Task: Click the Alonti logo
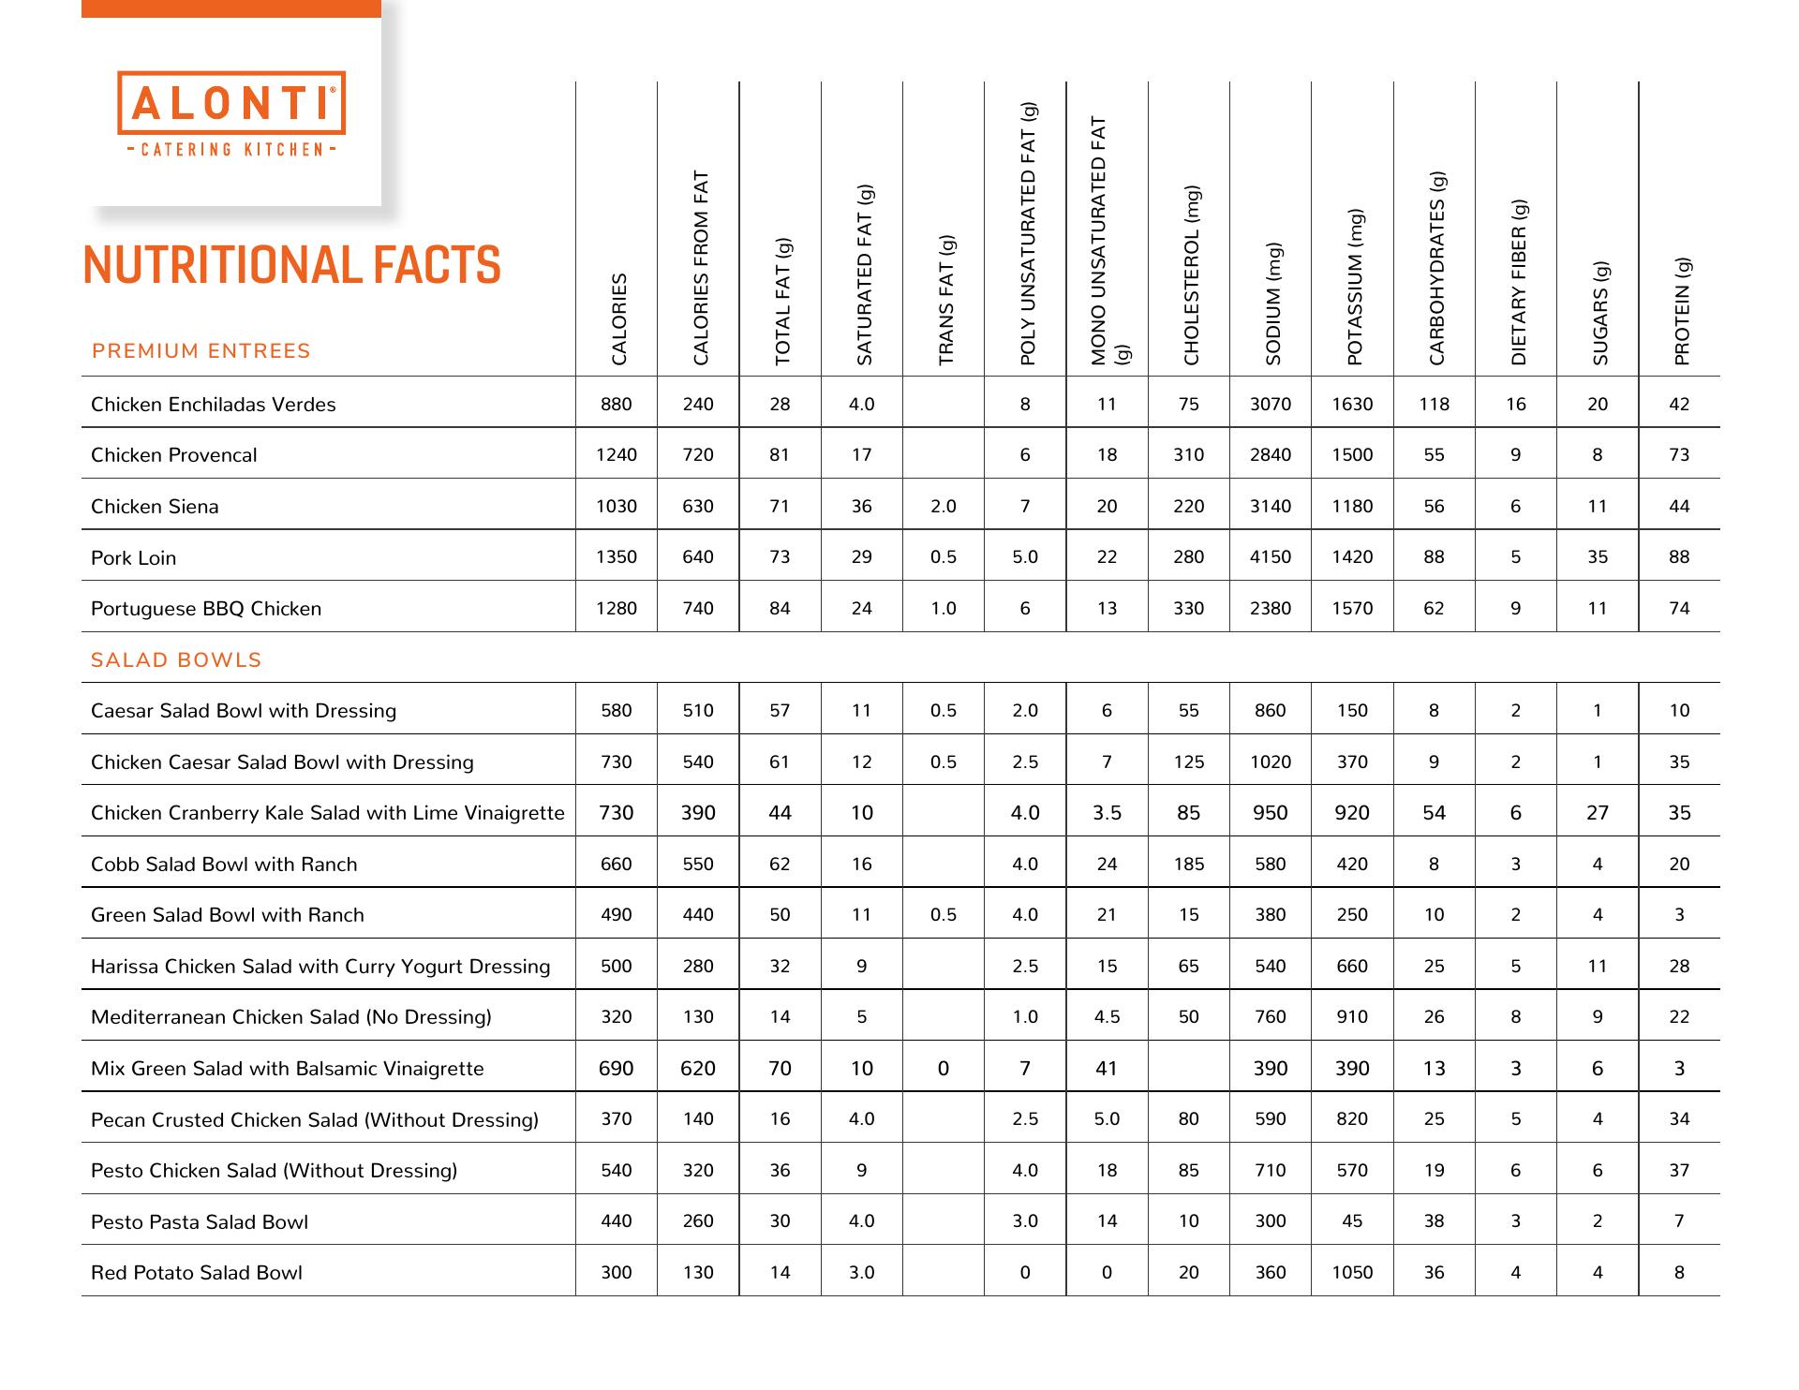pos(231,112)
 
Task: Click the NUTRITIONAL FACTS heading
pos(291,265)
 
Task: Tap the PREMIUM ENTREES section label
pos(201,351)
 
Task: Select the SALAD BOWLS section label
pos(176,660)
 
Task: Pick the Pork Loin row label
pos(133,558)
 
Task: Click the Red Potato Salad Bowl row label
pos(197,1273)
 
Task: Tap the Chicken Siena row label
pos(155,507)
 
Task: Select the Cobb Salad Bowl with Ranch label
pos(224,865)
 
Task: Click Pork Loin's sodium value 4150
pos(1271,557)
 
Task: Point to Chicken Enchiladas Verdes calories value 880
pos(617,405)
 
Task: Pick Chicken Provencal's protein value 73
pos(1679,455)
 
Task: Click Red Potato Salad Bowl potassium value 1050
pos(1352,1273)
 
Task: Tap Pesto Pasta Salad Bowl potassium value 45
pos(1352,1221)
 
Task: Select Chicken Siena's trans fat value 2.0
pos(944,507)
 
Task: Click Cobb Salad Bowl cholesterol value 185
pos(1189,865)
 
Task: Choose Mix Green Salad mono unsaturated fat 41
pos(1107,1069)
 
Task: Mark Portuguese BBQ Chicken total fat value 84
pos(780,609)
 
